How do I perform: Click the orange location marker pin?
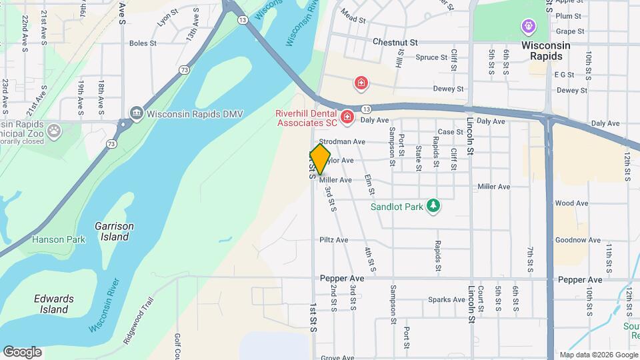pos(321,159)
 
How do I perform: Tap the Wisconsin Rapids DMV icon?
pos(137,112)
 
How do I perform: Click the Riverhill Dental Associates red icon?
pos(347,118)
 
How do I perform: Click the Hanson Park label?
pos(53,239)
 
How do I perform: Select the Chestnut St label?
pos(395,41)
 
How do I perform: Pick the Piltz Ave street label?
pos(334,240)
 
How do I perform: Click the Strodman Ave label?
pos(342,142)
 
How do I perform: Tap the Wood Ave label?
pos(571,203)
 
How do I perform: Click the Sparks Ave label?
pos(447,299)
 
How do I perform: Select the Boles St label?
pos(143,43)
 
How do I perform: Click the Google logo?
pos(22,351)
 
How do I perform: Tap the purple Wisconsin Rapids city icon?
pos(529,26)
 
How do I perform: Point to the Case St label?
pos(450,132)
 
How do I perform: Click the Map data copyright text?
pos(597,355)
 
